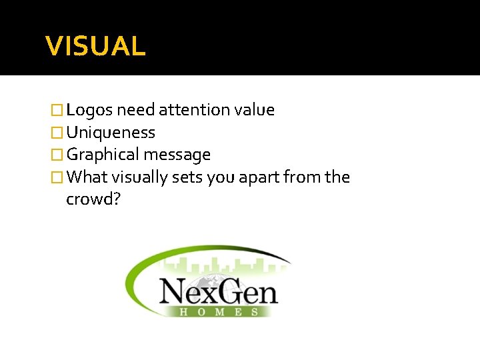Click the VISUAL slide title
tap(95, 46)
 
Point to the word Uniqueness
tap(111, 133)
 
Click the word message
tap(177, 155)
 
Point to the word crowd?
tap(93, 199)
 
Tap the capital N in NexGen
tap(175, 290)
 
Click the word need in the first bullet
tap(139, 110)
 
